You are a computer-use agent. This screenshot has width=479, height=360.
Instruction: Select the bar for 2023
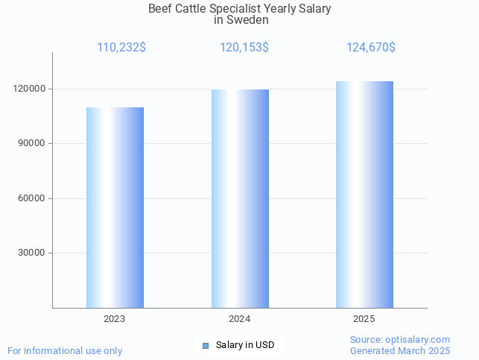click(x=115, y=207)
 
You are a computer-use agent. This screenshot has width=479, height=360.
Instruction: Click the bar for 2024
click(x=240, y=198)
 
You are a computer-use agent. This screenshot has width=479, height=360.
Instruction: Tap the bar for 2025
click(x=364, y=195)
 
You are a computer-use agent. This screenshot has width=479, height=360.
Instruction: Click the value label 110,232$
click(x=121, y=48)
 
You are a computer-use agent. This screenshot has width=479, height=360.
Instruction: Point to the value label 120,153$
click(x=244, y=48)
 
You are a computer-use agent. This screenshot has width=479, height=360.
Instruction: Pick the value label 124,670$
click(x=370, y=48)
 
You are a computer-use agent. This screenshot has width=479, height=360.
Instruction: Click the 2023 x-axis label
click(x=115, y=318)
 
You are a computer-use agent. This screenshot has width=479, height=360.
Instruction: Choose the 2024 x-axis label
click(x=240, y=318)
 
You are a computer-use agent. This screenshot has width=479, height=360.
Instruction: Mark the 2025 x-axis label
click(x=364, y=318)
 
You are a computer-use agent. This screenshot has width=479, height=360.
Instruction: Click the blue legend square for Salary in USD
click(x=206, y=345)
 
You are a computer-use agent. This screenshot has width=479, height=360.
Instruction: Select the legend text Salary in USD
click(x=245, y=345)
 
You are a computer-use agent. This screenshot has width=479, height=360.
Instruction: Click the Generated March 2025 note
click(x=400, y=350)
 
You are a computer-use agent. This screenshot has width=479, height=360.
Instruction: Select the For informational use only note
click(x=65, y=350)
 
